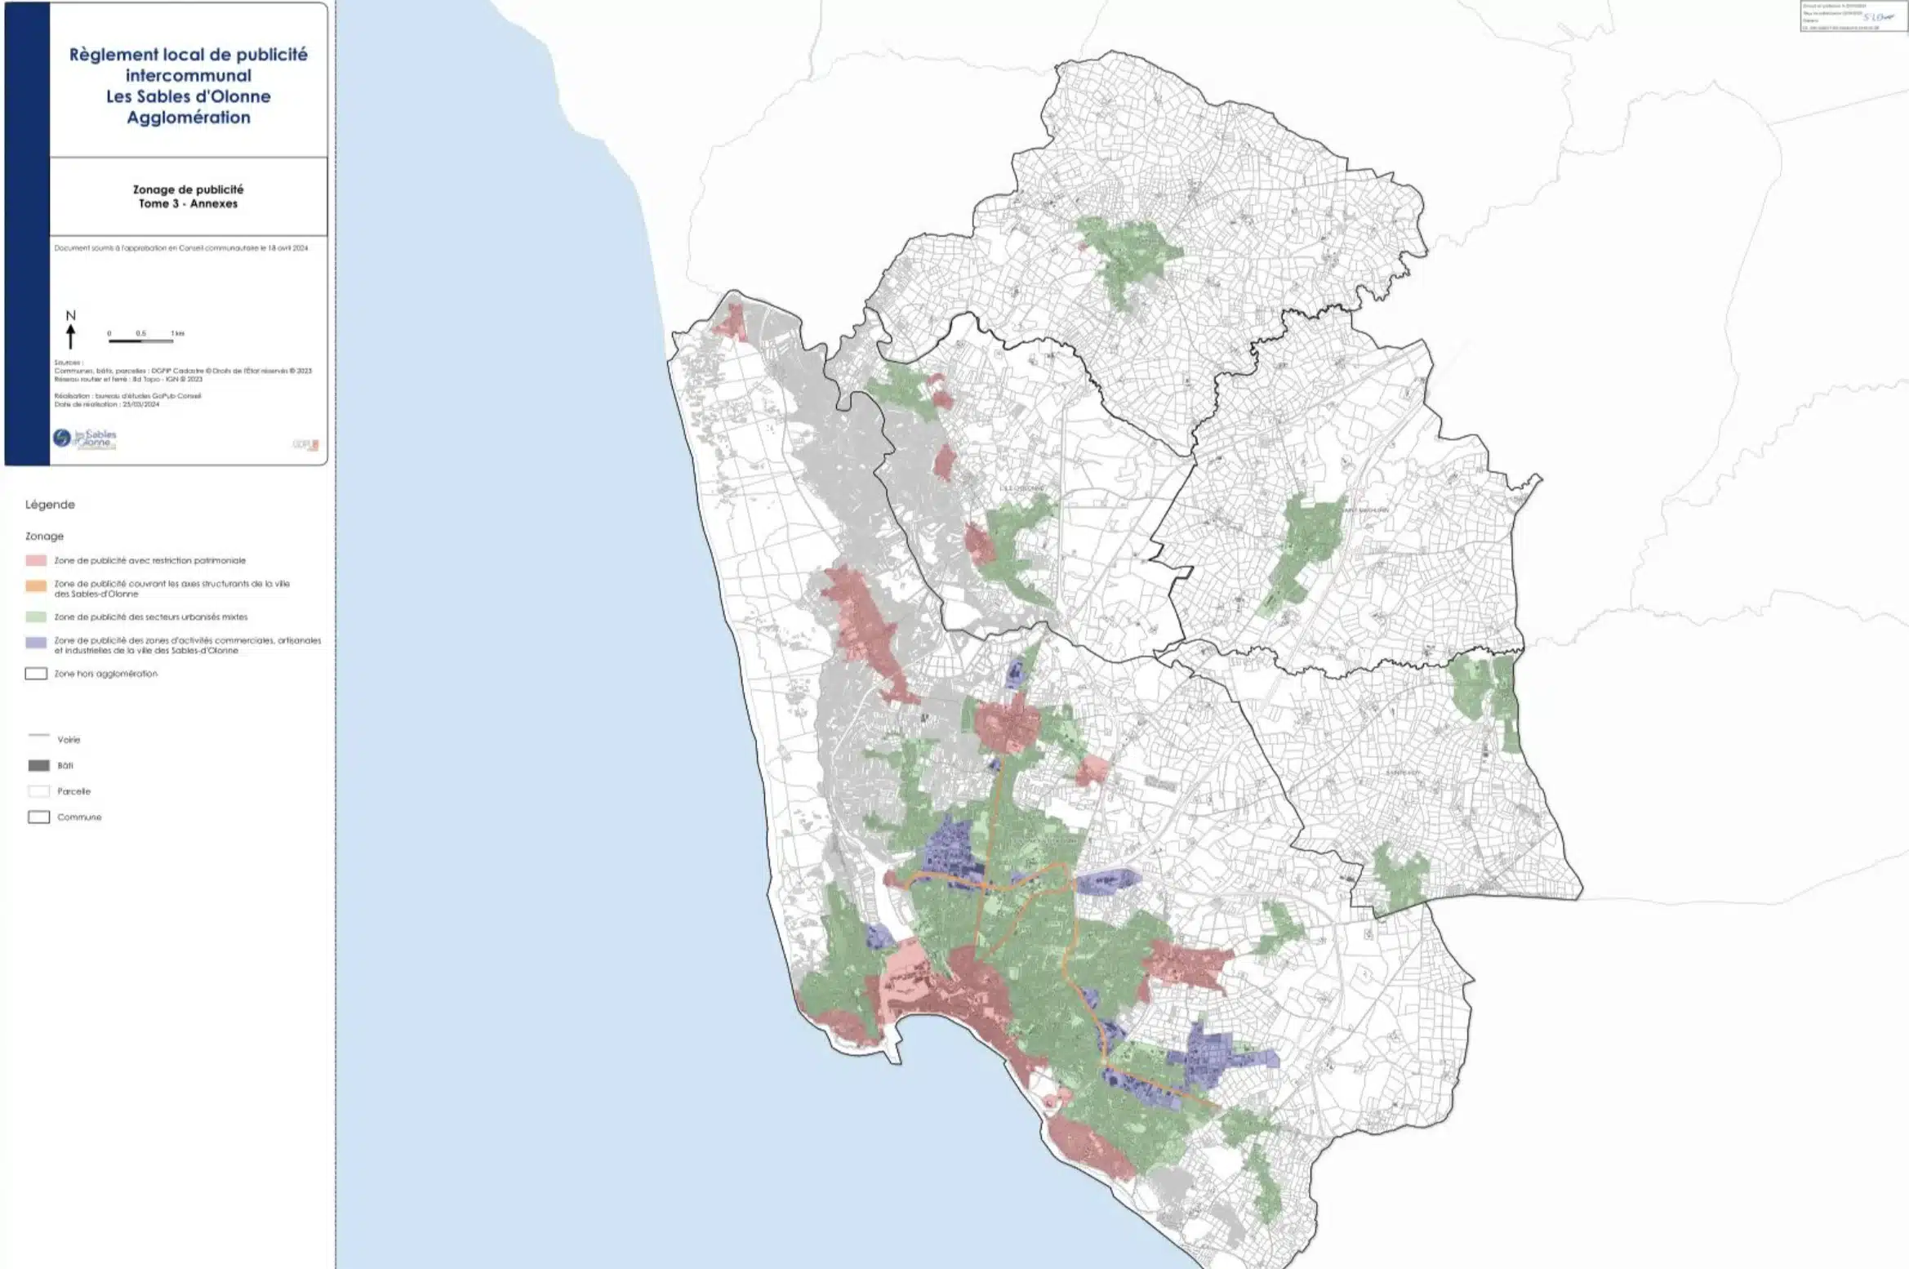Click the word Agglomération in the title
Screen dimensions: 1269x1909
coord(189,118)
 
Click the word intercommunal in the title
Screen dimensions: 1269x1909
coord(189,76)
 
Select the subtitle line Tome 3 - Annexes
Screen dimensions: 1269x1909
coord(188,204)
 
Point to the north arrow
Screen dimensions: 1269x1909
coord(71,336)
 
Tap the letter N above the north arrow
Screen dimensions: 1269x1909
coord(71,315)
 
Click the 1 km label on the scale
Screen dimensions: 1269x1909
coord(177,333)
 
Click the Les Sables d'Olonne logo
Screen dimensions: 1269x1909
coord(85,439)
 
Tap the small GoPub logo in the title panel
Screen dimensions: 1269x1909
coord(306,444)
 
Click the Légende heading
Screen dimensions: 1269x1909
coord(50,505)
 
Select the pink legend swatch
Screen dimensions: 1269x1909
coord(36,561)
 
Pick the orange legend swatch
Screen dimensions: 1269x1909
coord(36,586)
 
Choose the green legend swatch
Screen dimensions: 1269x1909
coord(36,617)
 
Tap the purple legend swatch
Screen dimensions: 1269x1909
coord(36,643)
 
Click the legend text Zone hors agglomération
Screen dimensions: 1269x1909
coord(106,674)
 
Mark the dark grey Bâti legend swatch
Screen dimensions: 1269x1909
coord(38,766)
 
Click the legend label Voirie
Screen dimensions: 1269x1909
coord(69,740)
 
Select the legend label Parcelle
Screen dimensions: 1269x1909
coord(73,791)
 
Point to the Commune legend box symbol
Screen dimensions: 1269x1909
coord(38,817)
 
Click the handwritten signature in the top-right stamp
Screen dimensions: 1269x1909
coord(1881,16)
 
